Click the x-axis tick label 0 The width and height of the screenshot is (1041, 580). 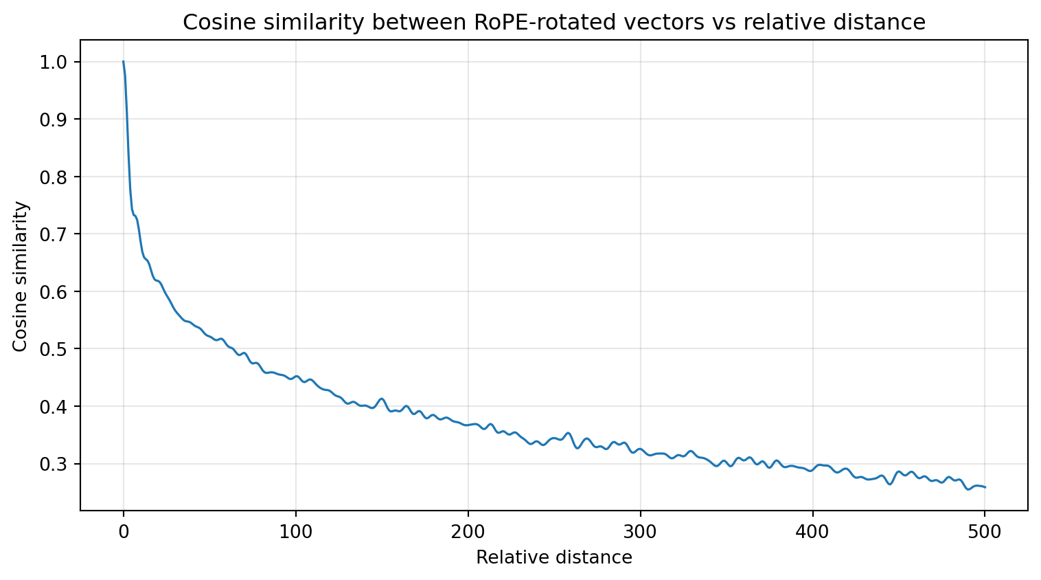tap(124, 531)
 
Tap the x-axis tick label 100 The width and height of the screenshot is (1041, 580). tap(296, 531)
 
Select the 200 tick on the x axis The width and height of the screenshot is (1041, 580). tap(468, 531)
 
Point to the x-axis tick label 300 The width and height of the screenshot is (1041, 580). tap(640, 531)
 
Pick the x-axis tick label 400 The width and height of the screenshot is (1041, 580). tap(812, 531)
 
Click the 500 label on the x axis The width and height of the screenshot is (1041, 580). tap(985, 531)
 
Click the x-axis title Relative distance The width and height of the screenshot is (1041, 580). tap(554, 557)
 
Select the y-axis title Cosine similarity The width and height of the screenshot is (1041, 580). tap(21, 276)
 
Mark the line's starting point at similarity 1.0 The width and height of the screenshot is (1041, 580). tap(124, 62)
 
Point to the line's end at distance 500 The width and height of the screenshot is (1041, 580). tap(985, 487)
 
